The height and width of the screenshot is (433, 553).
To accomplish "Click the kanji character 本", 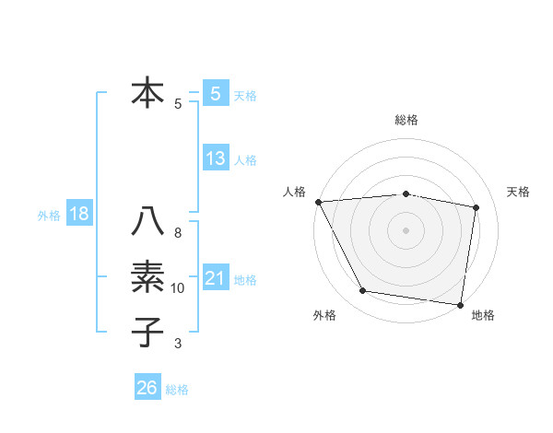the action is [147, 94].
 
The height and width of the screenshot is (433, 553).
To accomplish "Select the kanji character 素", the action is [147, 277].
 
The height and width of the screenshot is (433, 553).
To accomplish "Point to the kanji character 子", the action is [147, 332].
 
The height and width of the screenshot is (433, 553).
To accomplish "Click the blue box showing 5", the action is [216, 94].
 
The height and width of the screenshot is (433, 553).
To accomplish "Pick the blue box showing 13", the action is [216, 158].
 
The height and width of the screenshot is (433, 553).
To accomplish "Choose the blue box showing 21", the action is [216, 278].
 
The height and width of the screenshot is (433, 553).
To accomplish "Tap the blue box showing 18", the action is [79, 215].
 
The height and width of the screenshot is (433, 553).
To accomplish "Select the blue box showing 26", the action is [147, 388].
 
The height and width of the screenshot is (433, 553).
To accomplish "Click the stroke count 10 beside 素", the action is [178, 288].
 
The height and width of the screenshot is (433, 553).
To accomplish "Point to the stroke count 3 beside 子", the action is [178, 344].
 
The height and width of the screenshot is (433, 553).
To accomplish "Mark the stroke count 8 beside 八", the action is [178, 233].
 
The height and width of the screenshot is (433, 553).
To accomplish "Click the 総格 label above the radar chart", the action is [406, 120].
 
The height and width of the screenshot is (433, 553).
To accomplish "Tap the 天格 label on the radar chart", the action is [519, 192].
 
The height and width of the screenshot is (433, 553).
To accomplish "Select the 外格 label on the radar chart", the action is [324, 315].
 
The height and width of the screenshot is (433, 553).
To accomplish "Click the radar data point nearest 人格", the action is [318, 201].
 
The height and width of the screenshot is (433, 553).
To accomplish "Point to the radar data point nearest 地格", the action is [460, 304].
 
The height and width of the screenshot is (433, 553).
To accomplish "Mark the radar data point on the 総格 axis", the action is [406, 193].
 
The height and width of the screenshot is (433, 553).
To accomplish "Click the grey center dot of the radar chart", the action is [406, 229].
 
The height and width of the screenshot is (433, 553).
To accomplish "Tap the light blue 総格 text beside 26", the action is [177, 390].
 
